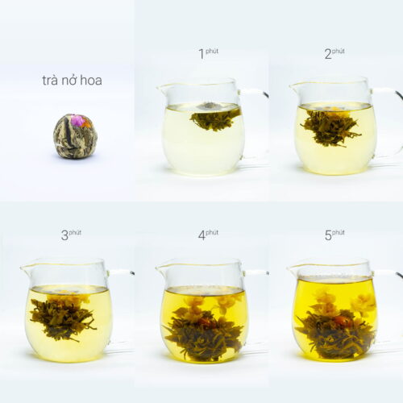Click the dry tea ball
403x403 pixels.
coord(75,135)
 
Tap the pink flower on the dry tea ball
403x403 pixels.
coord(77,120)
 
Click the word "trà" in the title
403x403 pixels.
coord(50,81)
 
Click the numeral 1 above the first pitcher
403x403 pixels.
coord(201,54)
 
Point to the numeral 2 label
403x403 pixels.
coord(328,54)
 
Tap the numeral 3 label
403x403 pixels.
coord(64,235)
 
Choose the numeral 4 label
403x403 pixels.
coord(201,235)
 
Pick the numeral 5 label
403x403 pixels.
coord(328,235)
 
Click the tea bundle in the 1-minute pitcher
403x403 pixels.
coord(215,118)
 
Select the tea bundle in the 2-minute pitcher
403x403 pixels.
coord(330,127)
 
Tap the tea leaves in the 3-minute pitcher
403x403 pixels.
coord(63,318)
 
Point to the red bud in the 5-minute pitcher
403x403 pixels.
coord(341,321)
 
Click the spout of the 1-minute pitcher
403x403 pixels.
coord(160,88)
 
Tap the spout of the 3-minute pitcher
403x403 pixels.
coord(24,268)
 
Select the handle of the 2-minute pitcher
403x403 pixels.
coord(387,123)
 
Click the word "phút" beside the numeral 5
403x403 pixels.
coord(339,232)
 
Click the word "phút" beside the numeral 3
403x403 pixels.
coord(75,232)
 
